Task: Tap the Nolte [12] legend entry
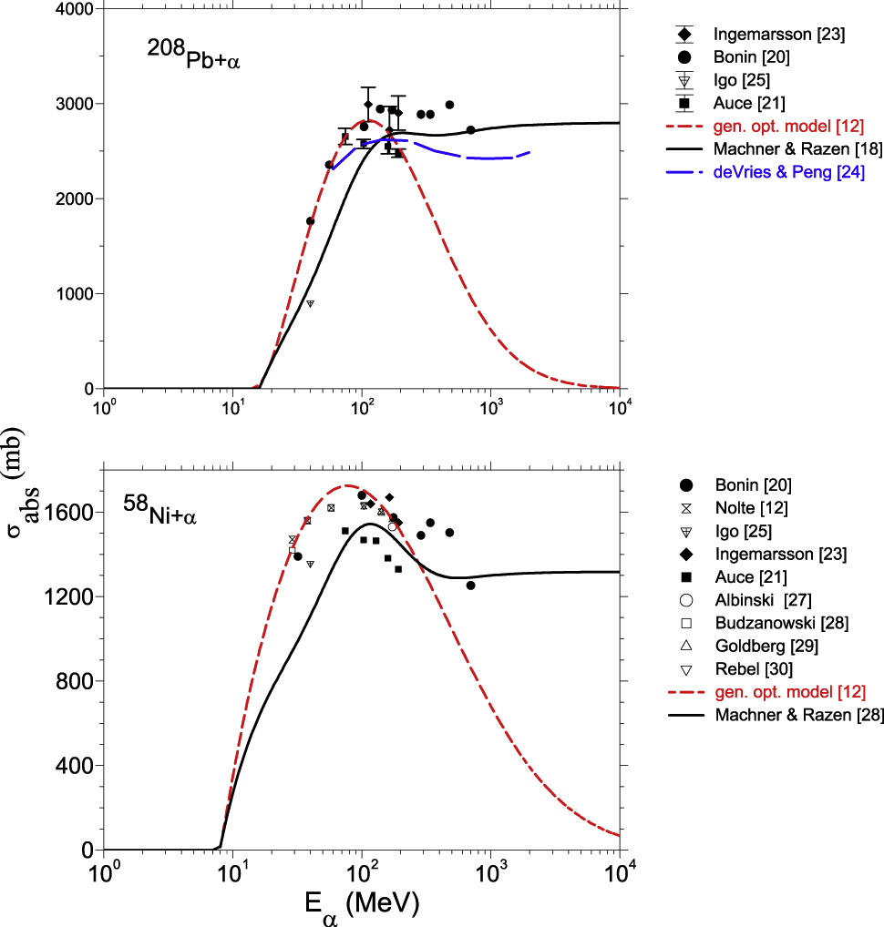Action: tap(751, 507)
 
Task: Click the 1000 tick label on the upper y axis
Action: tap(77, 294)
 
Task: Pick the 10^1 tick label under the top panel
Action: tap(232, 403)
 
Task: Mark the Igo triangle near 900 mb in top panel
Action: tap(310, 303)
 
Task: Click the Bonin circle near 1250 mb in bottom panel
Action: tap(470, 586)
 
